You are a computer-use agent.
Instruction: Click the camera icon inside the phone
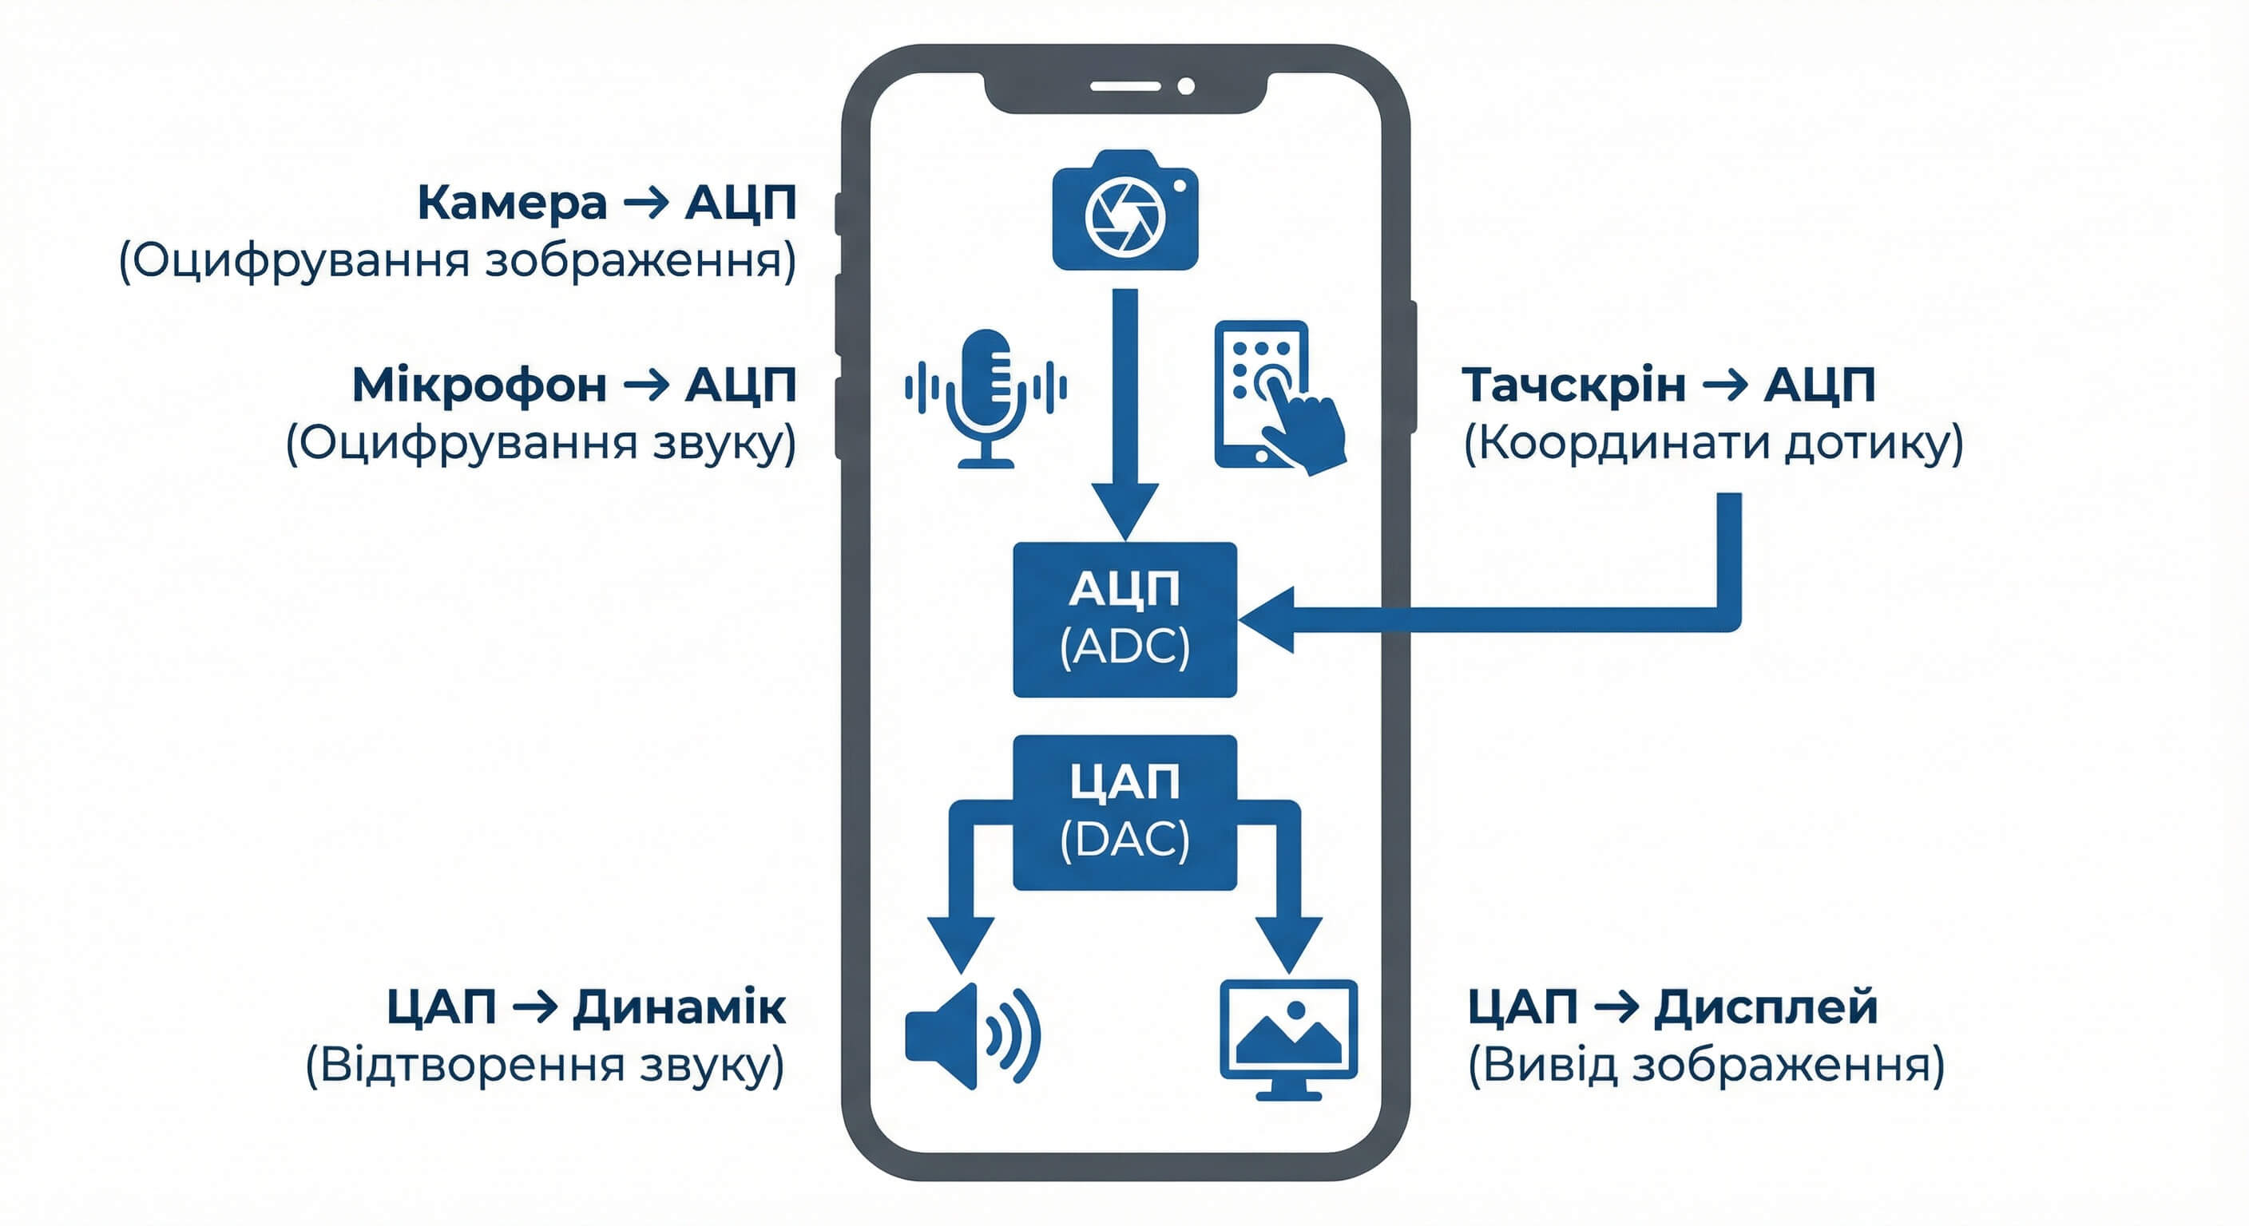[x=1124, y=212]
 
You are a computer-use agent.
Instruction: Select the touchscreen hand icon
[x=1278, y=397]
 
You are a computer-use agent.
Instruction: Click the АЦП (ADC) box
[x=1124, y=619]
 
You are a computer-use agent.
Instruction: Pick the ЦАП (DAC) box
[x=1124, y=813]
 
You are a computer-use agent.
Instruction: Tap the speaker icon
[x=971, y=1037]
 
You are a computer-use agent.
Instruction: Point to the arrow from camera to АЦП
[x=1125, y=410]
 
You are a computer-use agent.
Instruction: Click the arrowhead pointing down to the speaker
[x=960, y=943]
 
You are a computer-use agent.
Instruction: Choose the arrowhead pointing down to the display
[x=1289, y=943]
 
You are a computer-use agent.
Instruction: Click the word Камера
[x=512, y=204]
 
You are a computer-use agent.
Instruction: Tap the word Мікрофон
[x=478, y=385]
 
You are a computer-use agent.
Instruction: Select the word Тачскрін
[x=1573, y=385]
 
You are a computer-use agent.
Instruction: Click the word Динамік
[x=678, y=1007]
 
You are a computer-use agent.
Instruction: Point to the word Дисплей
[x=1765, y=1007]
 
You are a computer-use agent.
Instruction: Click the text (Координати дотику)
[x=1713, y=443]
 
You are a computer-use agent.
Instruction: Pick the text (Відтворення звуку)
[x=545, y=1066]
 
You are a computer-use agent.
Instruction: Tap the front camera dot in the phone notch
[x=1186, y=86]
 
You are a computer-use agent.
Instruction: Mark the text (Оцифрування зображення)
[x=458, y=261]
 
